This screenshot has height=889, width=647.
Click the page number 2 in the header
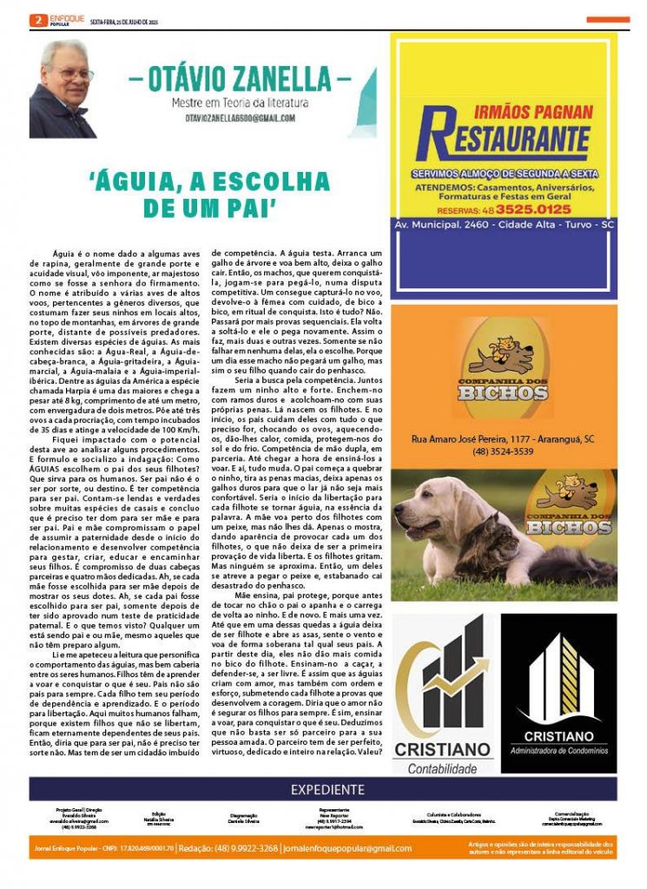(x=36, y=19)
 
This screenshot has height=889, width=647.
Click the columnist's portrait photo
(x=63, y=89)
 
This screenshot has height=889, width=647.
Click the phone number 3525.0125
(x=535, y=209)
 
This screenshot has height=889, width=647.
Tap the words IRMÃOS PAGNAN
(x=545, y=112)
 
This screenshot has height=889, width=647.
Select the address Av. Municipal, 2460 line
(x=504, y=224)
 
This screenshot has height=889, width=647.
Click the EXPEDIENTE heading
(x=327, y=789)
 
